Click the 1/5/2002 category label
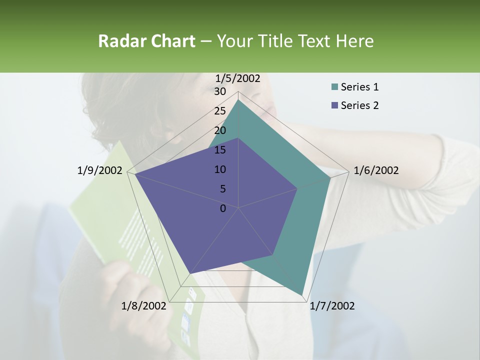238,78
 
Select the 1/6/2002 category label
376,170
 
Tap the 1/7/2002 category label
332,306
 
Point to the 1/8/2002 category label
143,306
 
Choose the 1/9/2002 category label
100,170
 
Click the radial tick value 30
220,91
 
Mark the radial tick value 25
220,111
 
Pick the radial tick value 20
220,130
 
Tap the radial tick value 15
220,150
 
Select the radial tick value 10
220,169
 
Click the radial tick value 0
223,208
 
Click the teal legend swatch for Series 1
334,87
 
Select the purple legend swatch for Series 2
334,105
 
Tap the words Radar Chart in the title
146,41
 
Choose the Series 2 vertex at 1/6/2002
297,189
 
